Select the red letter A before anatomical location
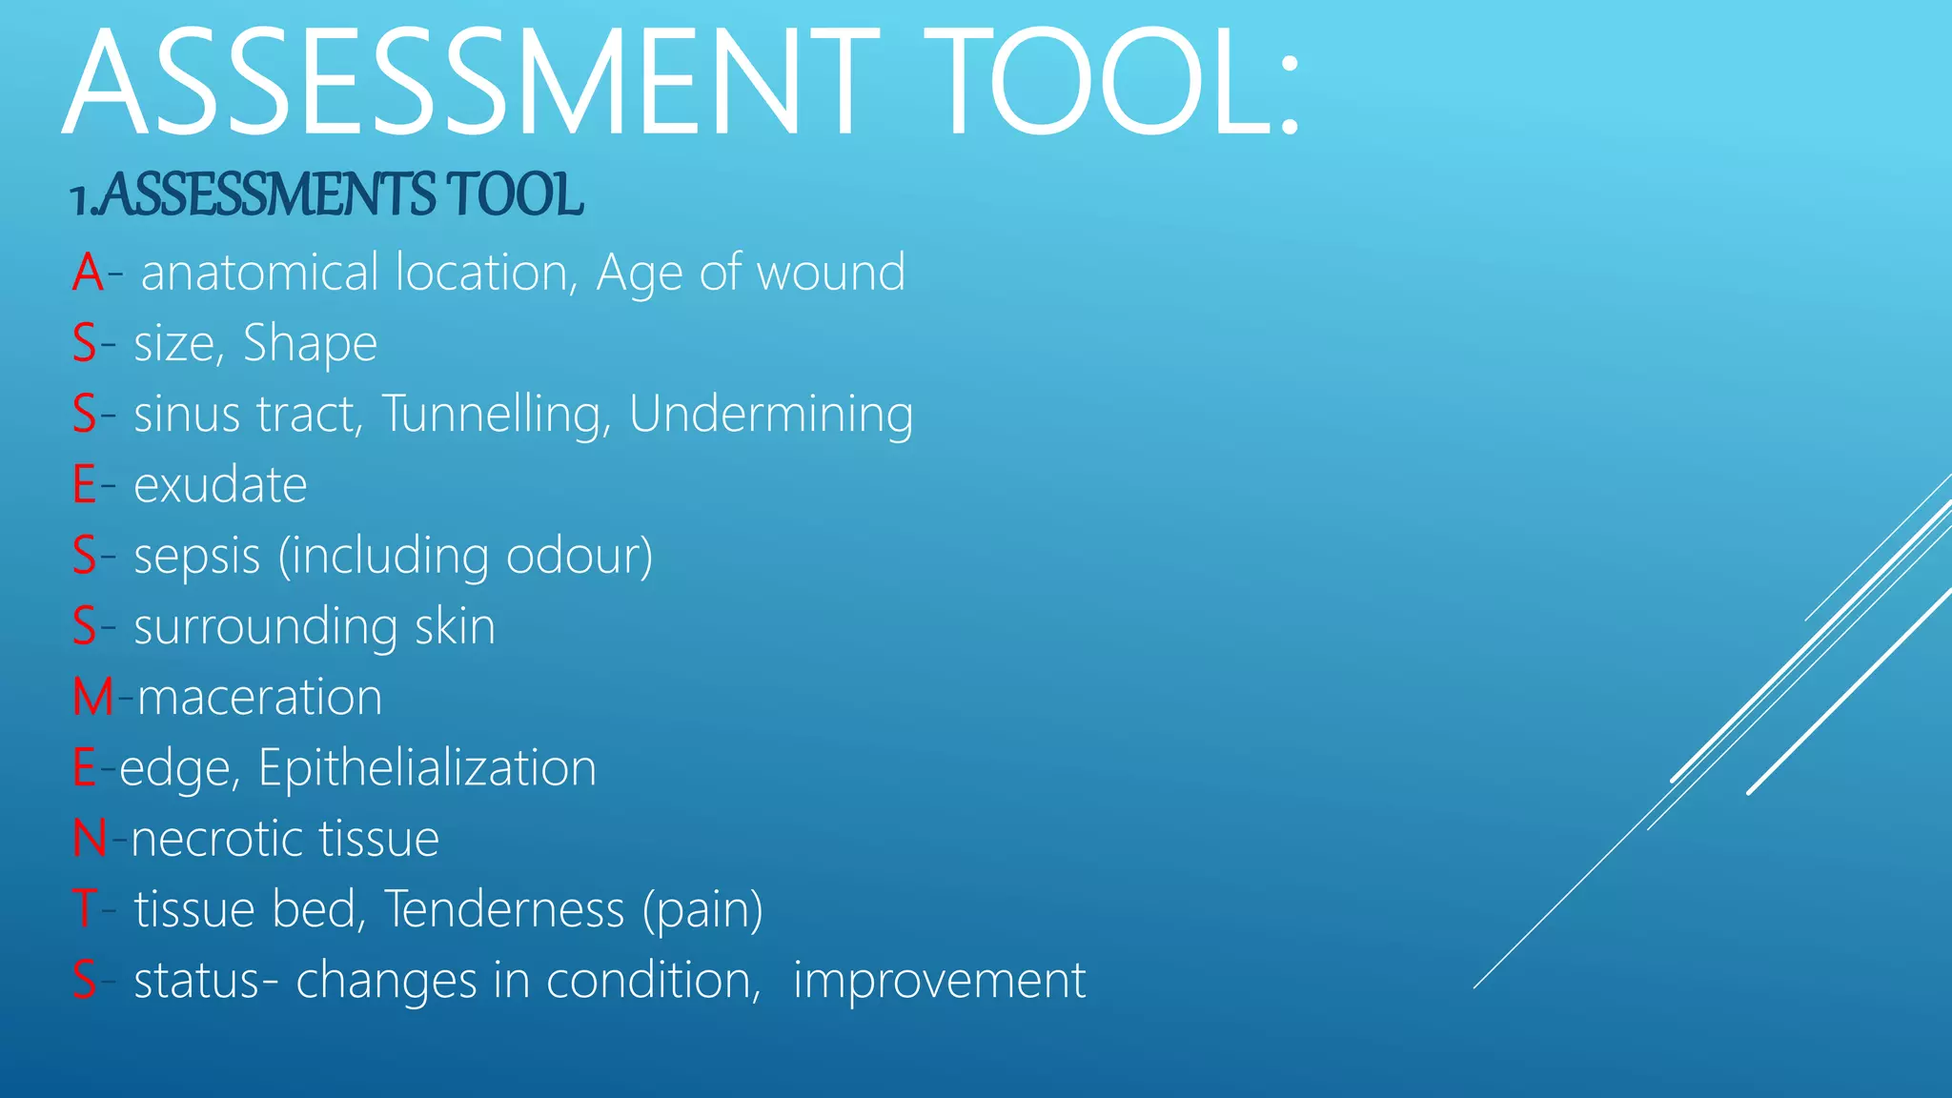click(x=88, y=273)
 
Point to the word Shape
click(x=310, y=343)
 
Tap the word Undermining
click(x=770, y=415)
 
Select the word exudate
click(x=220, y=485)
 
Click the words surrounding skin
click(x=315, y=627)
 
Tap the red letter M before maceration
click(x=92, y=697)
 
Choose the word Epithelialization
click(x=427, y=768)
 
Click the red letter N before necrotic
click(x=89, y=839)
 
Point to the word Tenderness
click(x=504, y=908)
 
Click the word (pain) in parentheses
click(x=702, y=910)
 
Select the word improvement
click(x=939, y=980)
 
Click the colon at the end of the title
click(x=1289, y=95)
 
